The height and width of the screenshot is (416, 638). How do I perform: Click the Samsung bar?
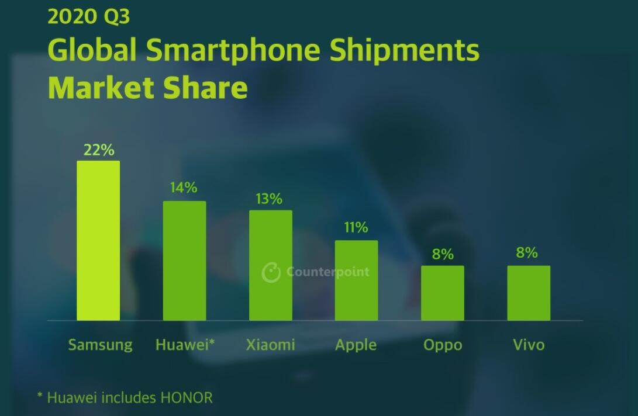click(x=98, y=240)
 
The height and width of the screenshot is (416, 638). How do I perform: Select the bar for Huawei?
click(x=184, y=261)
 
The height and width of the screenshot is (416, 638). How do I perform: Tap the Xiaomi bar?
click(x=271, y=265)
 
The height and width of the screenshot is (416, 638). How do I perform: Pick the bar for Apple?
click(x=356, y=280)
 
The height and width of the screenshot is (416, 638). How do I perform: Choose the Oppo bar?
click(x=443, y=293)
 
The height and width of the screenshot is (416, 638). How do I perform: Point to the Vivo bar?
click(x=529, y=293)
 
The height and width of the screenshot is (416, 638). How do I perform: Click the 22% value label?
click(x=98, y=150)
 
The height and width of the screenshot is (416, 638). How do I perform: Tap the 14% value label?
click(x=184, y=188)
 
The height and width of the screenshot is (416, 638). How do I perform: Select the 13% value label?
click(x=269, y=199)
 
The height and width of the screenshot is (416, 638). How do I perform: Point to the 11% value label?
click(x=356, y=227)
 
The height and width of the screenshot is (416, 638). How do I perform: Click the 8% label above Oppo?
click(x=443, y=254)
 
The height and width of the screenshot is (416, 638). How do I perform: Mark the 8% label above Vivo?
click(x=527, y=253)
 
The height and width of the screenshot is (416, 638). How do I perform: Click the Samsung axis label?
click(x=100, y=345)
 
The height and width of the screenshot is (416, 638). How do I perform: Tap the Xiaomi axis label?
click(x=270, y=345)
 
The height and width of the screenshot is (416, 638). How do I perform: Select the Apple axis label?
click(x=356, y=345)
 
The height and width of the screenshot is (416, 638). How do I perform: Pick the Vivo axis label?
click(x=529, y=345)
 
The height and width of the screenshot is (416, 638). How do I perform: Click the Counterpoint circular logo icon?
click(x=271, y=272)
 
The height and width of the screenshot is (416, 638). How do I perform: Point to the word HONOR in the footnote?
click(x=187, y=398)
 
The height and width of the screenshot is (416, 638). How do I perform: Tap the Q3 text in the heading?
click(x=116, y=16)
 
